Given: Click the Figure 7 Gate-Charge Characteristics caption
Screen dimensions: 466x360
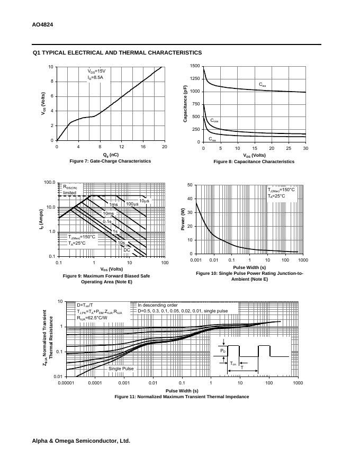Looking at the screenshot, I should pos(110,161).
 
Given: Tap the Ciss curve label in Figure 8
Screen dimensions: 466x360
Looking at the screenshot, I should pos(263,85).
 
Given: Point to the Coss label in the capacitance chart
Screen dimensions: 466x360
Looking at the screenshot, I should pos(214,121).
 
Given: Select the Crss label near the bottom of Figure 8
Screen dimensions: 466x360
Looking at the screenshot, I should pos(212,139).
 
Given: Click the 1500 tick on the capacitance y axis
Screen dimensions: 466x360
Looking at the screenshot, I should pos(194,66).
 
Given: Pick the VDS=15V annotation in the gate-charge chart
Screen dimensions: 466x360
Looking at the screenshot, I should pos(97,70).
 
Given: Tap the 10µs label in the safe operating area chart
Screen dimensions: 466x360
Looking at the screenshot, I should pos(145,201).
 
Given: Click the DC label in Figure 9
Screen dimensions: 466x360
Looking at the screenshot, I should pos(127,250).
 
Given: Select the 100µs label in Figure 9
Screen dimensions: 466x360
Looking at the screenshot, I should pos(132,204).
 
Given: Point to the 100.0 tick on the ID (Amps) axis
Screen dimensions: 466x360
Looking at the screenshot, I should pos(50,183).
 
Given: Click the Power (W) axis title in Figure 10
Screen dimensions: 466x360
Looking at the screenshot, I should pos(183,220).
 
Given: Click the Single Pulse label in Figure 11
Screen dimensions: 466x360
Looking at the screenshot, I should pos(121,368).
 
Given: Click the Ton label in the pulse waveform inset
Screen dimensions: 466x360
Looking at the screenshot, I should pos(233,363).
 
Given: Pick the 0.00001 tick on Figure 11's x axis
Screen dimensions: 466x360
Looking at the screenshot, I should pos(66,382).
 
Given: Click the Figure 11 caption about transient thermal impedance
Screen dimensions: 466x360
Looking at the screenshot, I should pos(182,397).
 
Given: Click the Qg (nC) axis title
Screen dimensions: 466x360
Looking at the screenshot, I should pos(111,155).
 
